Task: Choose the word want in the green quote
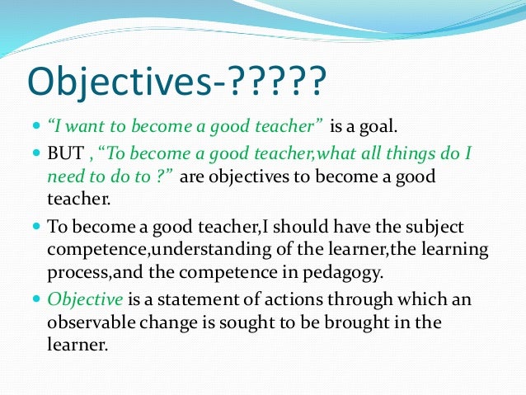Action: [x=84, y=128]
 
